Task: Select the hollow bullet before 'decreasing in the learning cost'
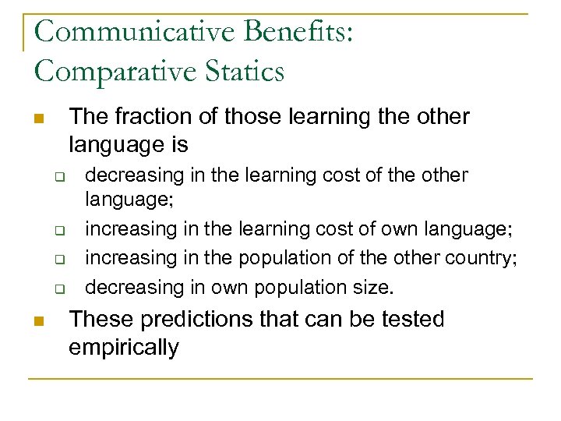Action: point(58,177)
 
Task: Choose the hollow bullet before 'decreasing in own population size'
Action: point(58,289)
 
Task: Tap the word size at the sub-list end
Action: point(372,287)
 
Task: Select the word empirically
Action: point(124,347)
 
